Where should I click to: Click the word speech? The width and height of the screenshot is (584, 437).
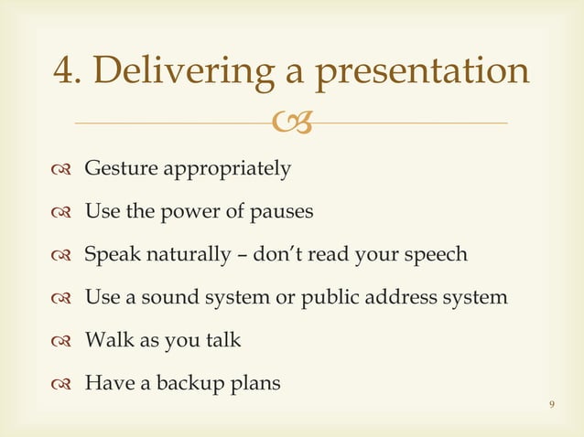point(438,254)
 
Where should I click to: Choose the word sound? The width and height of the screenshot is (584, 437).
point(165,297)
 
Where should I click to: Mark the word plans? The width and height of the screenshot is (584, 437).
point(255,383)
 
